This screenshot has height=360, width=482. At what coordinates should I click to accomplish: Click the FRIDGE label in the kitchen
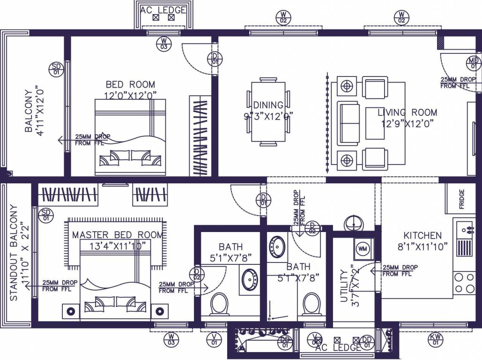[x=462, y=195]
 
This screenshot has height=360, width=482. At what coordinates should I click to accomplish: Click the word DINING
[x=268, y=105]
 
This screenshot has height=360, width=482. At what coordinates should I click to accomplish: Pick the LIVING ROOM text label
[x=408, y=112]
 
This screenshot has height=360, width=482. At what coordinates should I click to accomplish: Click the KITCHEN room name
[x=423, y=235]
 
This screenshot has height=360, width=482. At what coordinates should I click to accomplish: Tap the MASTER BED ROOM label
[x=118, y=235]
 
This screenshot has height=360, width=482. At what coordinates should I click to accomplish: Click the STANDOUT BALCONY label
[x=14, y=253]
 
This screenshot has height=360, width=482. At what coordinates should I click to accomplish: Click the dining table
[x=268, y=112]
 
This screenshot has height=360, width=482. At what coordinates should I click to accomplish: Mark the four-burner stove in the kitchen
[x=464, y=282]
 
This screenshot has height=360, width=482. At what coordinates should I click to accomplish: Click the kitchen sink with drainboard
[x=465, y=239]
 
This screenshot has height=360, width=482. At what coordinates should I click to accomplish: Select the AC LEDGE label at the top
[x=163, y=10]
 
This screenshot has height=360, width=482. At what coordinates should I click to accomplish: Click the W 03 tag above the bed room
[x=163, y=43]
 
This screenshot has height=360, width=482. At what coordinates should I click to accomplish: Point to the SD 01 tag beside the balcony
[x=56, y=69]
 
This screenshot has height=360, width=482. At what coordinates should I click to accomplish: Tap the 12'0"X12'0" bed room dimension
[x=130, y=95]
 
